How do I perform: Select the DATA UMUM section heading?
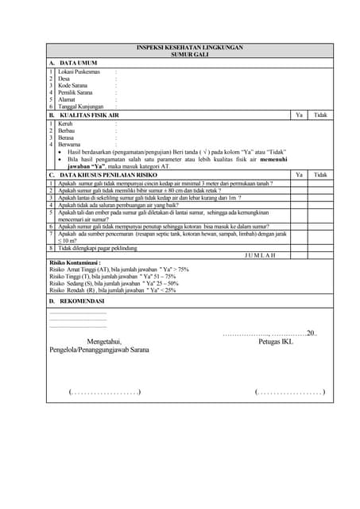click(x=79, y=62)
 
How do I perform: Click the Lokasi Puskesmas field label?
click(x=79, y=72)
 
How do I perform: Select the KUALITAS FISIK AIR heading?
click(x=92, y=115)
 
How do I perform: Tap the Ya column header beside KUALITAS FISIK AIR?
click(x=299, y=115)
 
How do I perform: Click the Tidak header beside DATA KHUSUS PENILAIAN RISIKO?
click(x=320, y=174)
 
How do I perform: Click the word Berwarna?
click(x=69, y=144)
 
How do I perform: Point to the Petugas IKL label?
click(x=275, y=342)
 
